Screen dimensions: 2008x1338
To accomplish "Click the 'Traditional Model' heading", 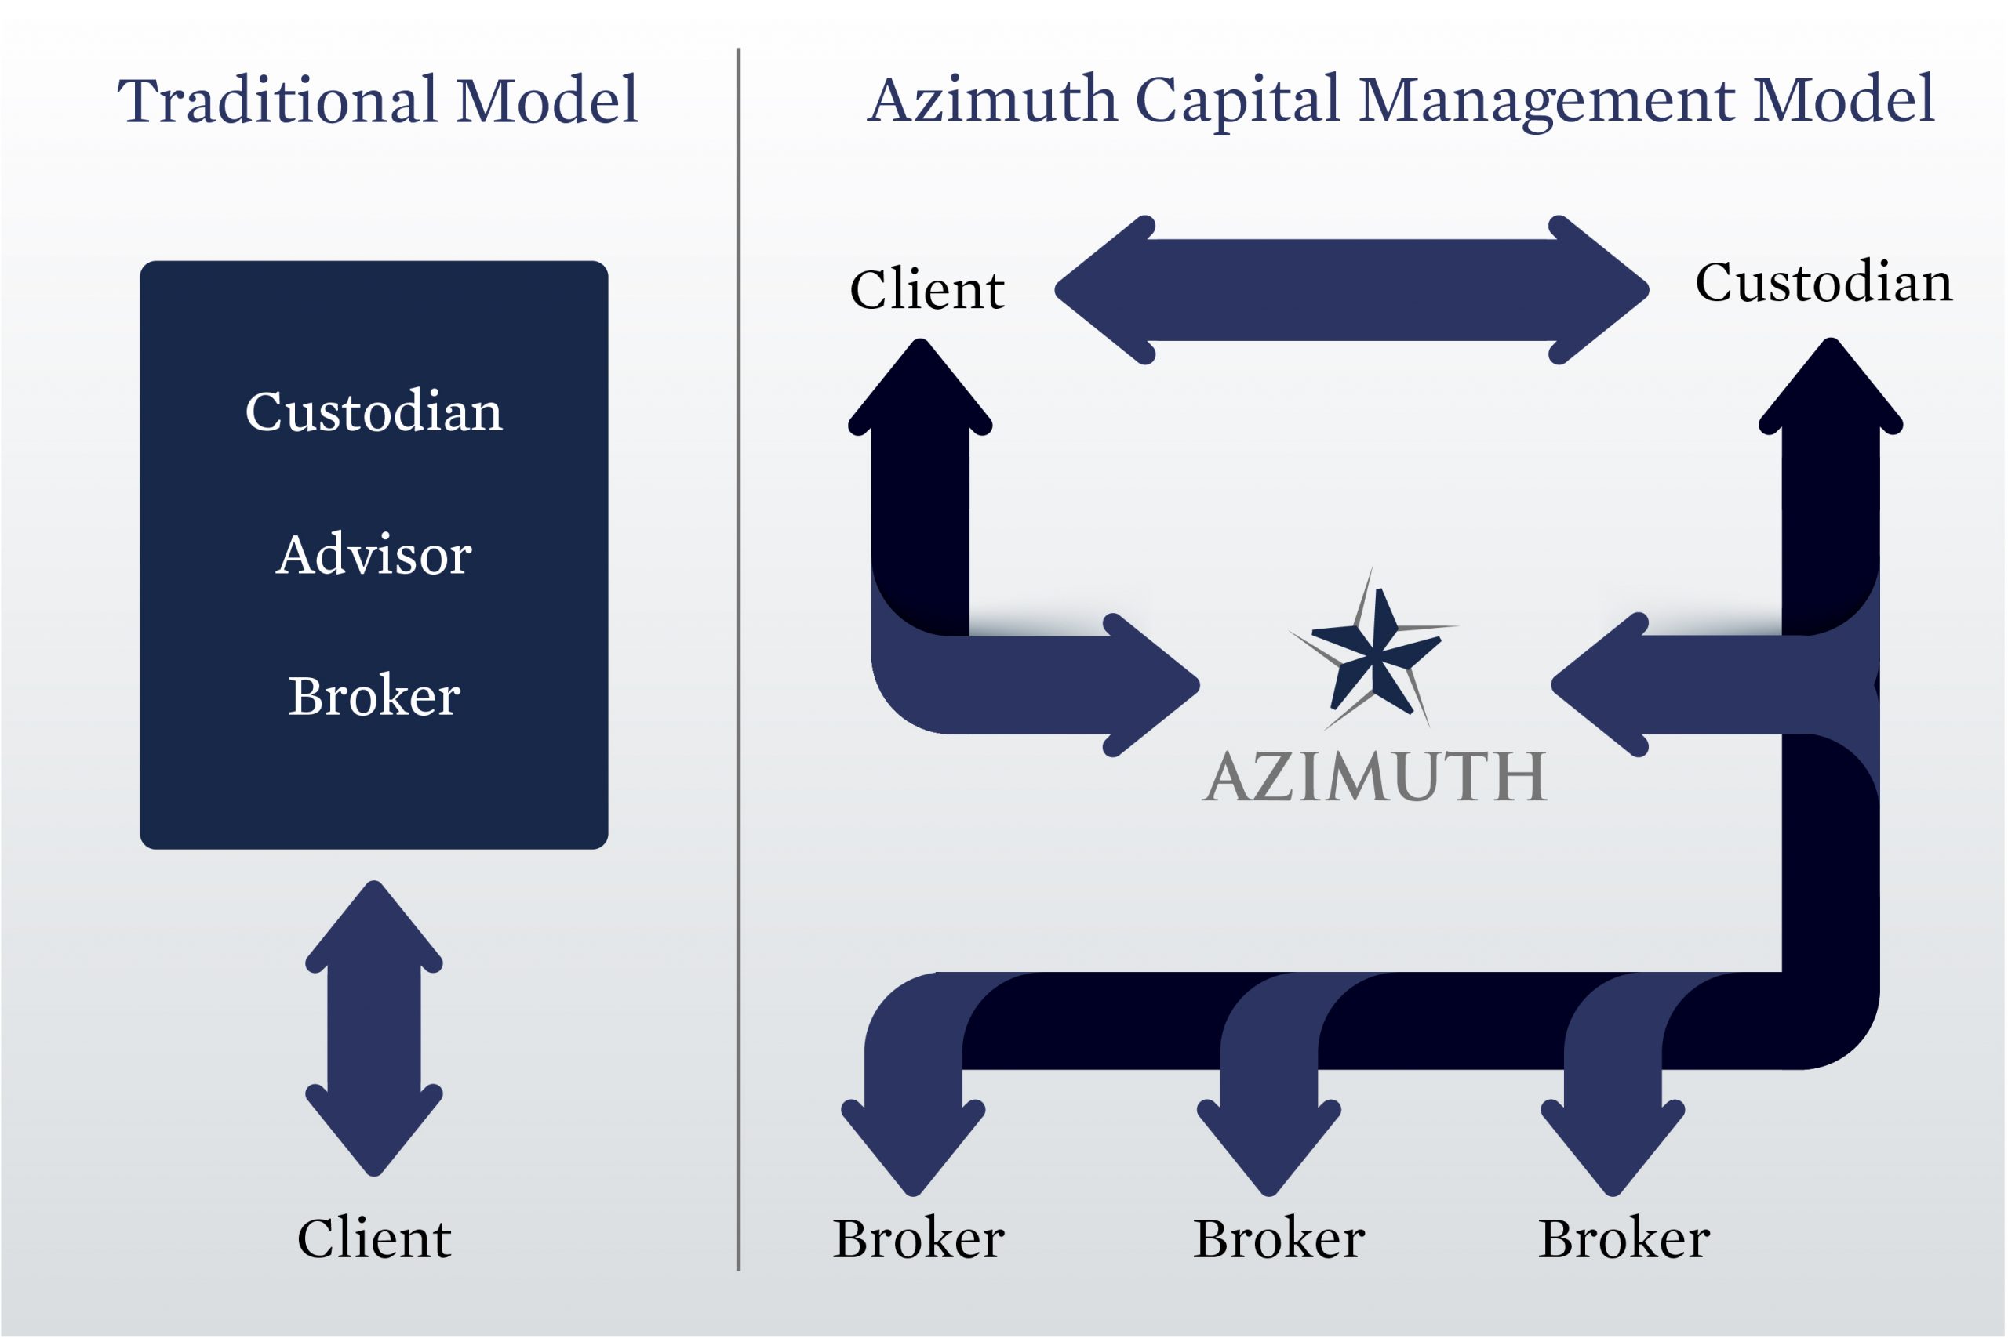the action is (x=377, y=100).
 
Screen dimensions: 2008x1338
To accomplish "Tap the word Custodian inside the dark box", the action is (x=374, y=412).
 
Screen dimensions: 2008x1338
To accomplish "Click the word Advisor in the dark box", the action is (x=374, y=555).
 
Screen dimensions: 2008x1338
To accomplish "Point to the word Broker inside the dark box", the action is (x=374, y=695).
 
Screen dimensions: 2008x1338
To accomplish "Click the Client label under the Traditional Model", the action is (x=374, y=1238).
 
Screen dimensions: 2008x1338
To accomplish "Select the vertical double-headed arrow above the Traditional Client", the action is (x=374, y=1028).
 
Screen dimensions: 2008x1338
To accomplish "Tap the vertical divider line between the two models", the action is (x=738, y=658).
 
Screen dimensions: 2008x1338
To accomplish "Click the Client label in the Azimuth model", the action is (x=927, y=289).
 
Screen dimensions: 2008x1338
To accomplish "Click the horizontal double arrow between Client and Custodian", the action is (x=1351, y=290).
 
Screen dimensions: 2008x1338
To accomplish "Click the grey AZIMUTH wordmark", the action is (x=1374, y=777).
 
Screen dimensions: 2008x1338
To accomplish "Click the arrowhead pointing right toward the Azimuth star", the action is (x=1152, y=684).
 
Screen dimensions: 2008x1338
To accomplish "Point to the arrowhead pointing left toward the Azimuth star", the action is (x=1599, y=684).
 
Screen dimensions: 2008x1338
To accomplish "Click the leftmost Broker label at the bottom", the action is (x=919, y=1238).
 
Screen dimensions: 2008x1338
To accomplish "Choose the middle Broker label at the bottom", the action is (x=1279, y=1238).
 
